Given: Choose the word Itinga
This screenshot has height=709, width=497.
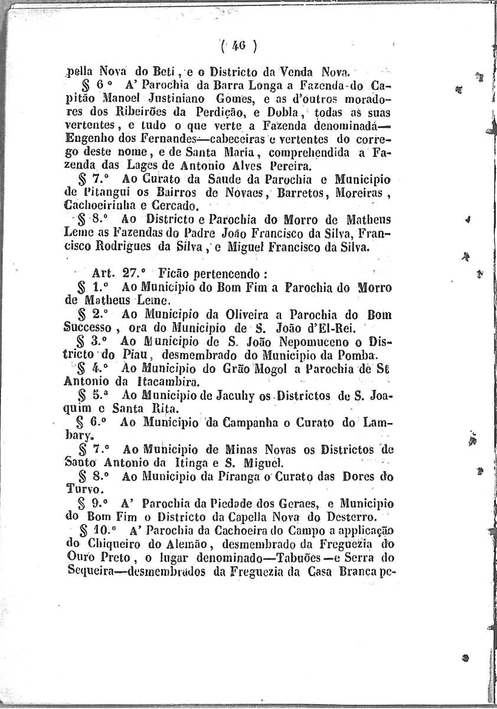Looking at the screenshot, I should [x=211, y=461].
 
